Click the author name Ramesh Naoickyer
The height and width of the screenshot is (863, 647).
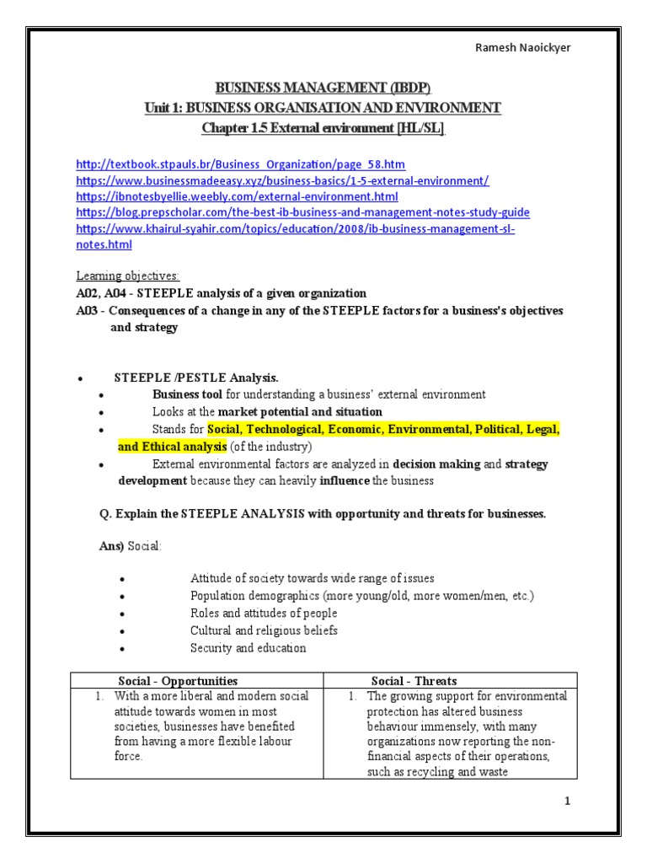tap(523, 47)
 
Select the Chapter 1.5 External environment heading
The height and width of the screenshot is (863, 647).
tap(323, 127)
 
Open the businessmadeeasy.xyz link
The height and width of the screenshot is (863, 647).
tap(282, 180)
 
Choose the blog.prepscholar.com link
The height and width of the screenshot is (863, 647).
tap(302, 212)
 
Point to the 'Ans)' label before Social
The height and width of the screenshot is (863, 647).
tap(112, 547)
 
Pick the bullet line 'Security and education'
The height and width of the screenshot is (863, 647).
tap(249, 648)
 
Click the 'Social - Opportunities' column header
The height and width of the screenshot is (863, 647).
tap(177, 680)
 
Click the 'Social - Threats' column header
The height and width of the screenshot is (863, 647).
tap(414, 680)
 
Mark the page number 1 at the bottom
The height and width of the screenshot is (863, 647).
tap(568, 801)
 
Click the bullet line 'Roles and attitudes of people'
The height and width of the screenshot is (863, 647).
tap(264, 614)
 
